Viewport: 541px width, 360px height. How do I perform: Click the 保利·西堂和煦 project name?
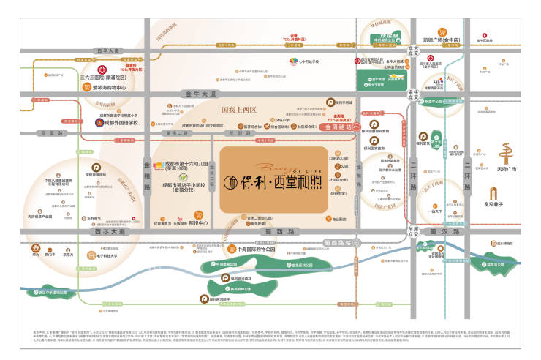point(284,181)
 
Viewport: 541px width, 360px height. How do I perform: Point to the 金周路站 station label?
point(336,127)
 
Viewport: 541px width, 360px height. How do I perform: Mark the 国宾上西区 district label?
point(239,110)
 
